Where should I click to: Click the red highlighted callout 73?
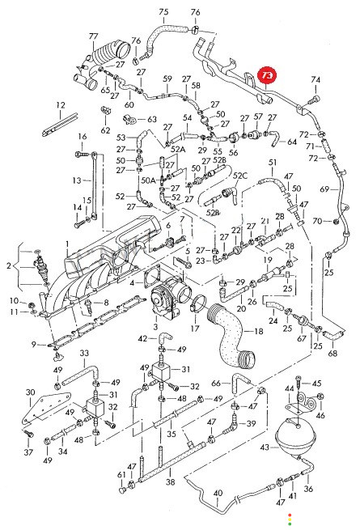267,75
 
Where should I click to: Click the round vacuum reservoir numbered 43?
294,437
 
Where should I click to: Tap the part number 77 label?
93,36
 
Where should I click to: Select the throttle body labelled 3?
167,298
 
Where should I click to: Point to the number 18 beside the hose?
258,331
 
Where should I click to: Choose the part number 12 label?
61,105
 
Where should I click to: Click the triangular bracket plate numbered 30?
45,409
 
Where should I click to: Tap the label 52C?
240,176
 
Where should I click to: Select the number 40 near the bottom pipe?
218,493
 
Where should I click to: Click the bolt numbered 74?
315,100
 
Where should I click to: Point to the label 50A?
148,180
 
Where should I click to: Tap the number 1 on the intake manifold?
67,244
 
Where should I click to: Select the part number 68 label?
332,354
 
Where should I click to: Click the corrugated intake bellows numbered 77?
112,53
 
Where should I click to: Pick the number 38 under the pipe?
171,481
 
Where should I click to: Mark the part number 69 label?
324,189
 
